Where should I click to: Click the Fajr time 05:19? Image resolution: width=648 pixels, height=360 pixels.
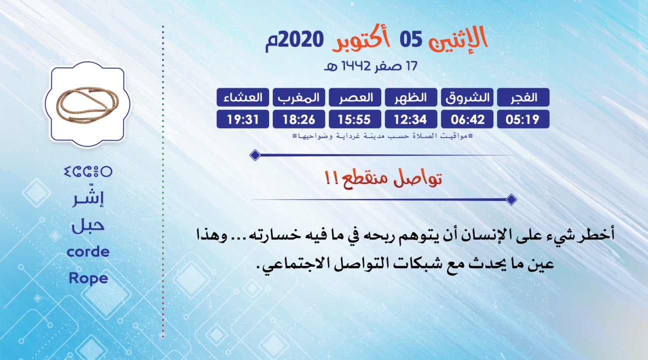coord(523,119)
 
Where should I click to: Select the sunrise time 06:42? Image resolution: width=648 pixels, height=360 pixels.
coord(467,119)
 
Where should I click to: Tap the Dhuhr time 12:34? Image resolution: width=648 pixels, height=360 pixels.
coord(411,119)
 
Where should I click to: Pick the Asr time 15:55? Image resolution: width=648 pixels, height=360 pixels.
coord(355,119)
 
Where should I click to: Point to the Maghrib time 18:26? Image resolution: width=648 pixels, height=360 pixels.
coord(299,119)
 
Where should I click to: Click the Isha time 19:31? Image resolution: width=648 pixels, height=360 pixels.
coord(243,119)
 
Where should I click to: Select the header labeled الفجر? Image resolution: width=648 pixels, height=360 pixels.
coord(523,97)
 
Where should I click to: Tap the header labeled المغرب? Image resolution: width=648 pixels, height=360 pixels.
coord(299,97)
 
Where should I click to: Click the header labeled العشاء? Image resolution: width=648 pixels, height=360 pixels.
coord(243,97)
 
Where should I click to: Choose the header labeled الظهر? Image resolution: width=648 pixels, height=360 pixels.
coord(411,97)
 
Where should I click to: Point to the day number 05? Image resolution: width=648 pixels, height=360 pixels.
coord(411,39)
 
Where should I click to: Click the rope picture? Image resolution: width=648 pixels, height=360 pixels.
coord(87,104)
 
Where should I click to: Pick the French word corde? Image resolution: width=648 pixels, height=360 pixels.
coord(88,252)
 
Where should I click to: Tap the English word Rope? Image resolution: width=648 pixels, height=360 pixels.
coord(88,279)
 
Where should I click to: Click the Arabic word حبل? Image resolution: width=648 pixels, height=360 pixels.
coord(88,225)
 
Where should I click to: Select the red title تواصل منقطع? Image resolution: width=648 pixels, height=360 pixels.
coord(383,178)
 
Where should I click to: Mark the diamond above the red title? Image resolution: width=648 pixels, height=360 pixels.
coord(255,155)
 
